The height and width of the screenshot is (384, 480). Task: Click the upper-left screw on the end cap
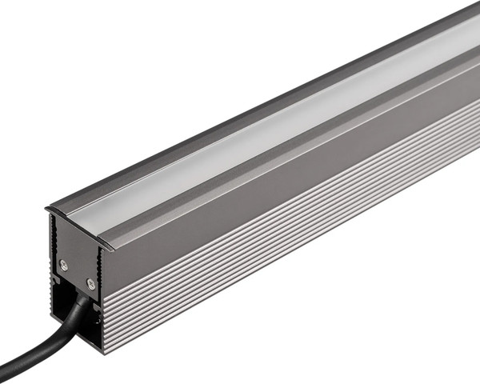[x=64, y=265]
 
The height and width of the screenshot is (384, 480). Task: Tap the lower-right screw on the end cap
[x=90, y=283]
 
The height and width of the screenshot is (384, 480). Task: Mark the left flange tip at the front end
[x=48, y=210]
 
